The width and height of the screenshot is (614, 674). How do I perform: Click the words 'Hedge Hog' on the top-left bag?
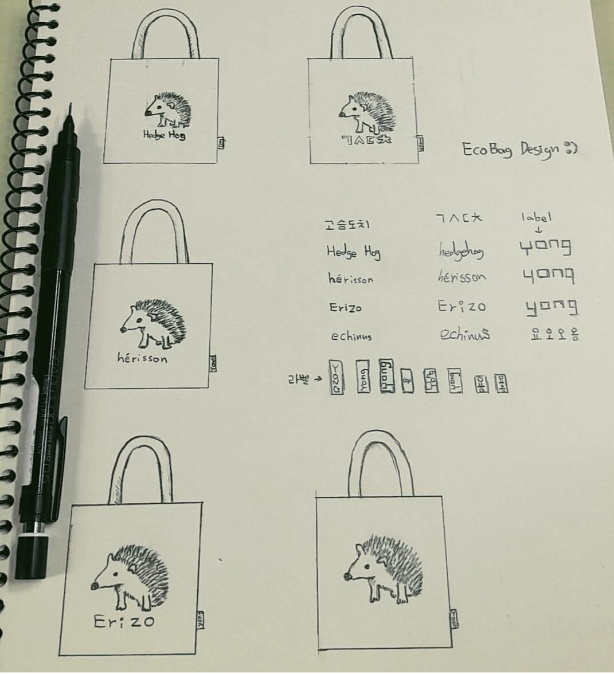164,135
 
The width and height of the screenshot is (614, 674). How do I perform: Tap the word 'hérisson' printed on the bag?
142,358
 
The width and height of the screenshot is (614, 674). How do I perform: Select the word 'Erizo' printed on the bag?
124,621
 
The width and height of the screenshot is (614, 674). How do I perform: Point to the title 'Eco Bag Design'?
510,150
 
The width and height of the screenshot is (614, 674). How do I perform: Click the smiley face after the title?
571,148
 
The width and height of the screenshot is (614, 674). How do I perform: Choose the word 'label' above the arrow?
536,217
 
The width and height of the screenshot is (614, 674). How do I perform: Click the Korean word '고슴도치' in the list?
343,225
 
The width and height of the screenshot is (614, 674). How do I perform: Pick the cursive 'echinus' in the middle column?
465,334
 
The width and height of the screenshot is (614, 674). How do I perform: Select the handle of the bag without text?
381,459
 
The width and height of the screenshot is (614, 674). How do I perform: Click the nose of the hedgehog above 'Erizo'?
95,585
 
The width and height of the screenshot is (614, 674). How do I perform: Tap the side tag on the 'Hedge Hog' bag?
221,143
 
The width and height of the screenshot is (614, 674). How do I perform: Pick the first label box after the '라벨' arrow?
337,378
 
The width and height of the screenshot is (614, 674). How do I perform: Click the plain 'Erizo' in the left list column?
345,308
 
